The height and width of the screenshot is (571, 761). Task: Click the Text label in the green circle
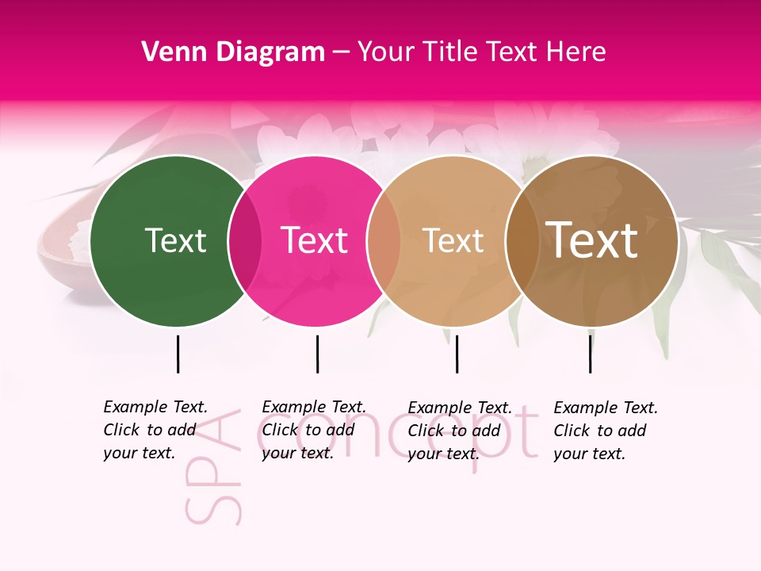tap(175, 240)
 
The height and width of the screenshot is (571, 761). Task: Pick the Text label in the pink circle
tap(315, 240)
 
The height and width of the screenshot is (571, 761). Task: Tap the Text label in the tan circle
tap(453, 240)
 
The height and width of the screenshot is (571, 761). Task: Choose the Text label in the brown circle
tap(592, 240)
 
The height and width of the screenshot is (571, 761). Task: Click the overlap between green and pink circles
tap(245, 241)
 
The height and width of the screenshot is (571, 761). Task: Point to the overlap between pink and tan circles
tap(384, 241)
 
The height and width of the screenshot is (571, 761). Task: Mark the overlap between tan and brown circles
tap(522, 241)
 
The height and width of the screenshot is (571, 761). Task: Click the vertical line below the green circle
tap(178, 354)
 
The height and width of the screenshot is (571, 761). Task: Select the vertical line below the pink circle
tap(317, 354)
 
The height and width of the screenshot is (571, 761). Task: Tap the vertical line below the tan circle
tap(457, 354)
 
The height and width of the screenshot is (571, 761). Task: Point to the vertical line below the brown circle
tap(590, 354)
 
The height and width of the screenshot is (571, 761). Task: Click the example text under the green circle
tap(155, 430)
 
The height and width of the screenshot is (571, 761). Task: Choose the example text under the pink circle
tap(314, 430)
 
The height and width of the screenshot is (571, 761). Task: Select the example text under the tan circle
tap(460, 431)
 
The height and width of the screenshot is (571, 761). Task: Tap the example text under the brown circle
tap(606, 431)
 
